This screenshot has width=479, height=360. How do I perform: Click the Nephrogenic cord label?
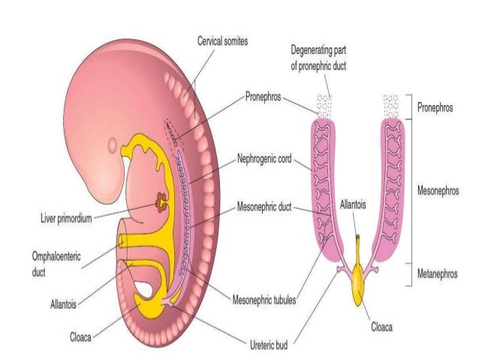(x=266, y=160)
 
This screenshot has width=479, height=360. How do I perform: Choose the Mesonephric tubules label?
(x=263, y=300)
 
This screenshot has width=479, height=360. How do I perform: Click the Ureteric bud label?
(x=268, y=346)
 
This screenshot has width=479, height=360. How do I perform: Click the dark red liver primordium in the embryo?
(x=161, y=201)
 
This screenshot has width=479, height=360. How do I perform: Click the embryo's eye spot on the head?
(x=113, y=143)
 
